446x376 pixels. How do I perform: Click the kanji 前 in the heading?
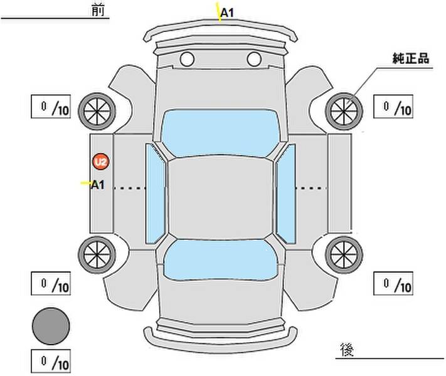click(98, 10)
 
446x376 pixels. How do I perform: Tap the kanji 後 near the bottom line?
click(347, 349)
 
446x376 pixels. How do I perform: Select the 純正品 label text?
click(411, 58)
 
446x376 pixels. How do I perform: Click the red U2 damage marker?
click(101, 162)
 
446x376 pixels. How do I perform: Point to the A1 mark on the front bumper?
click(227, 13)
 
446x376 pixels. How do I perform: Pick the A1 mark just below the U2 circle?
click(98, 185)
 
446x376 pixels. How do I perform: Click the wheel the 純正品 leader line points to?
click(344, 112)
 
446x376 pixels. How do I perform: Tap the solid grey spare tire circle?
click(51, 326)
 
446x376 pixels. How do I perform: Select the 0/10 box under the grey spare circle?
click(51, 361)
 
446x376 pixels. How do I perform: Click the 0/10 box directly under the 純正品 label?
click(393, 107)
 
